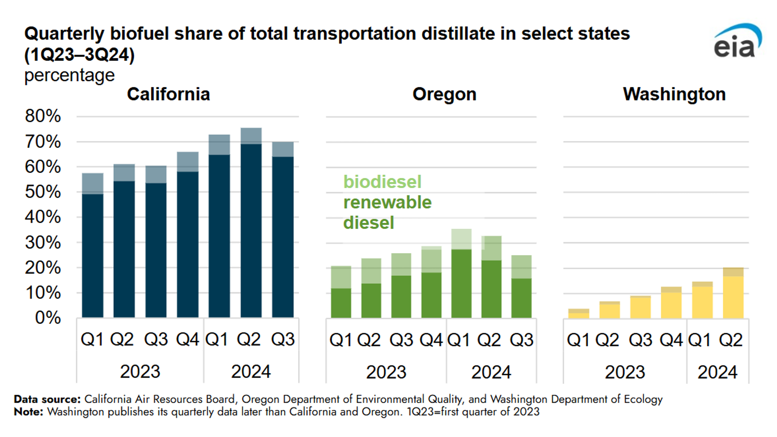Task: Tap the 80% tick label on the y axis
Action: click(43, 116)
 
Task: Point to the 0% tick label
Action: click(48, 318)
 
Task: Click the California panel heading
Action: click(168, 94)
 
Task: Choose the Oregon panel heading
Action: click(444, 94)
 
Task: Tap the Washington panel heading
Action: click(674, 94)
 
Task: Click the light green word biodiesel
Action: click(382, 182)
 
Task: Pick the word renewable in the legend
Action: click(387, 202)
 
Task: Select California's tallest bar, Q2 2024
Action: click(251, 223)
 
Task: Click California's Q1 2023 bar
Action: click(93, 246)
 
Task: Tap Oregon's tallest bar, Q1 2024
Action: click(461, 273)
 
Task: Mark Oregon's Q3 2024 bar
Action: click(521, 287)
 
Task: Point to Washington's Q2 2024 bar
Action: click(733, 293)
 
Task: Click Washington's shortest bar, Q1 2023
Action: click(579, 313)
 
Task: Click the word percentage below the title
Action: click(69, 75)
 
